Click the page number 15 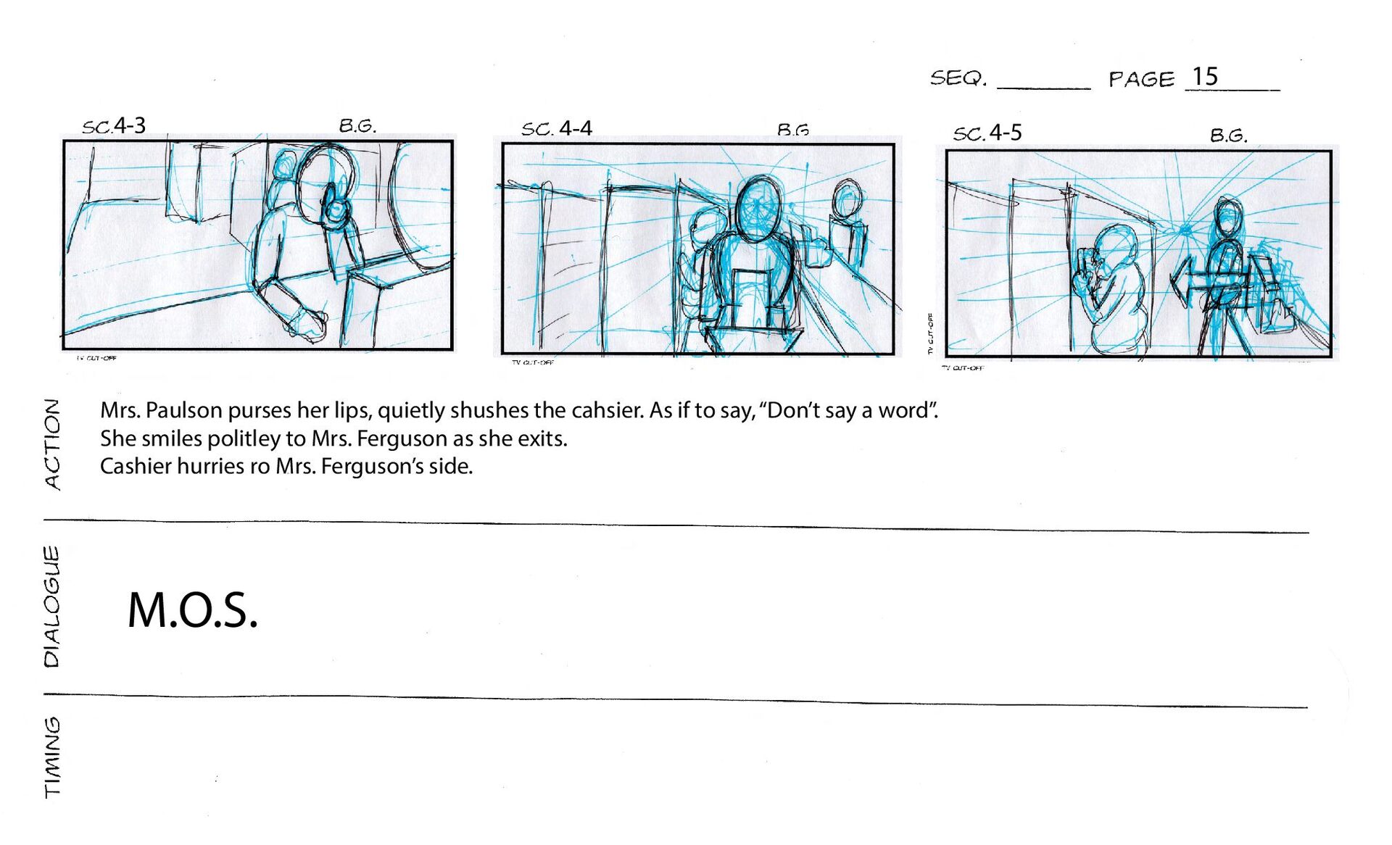(1205, 77)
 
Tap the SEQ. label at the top (958, 78)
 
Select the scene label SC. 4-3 (114, 125)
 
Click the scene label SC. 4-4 (557, 129)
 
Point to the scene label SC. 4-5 (987, 133)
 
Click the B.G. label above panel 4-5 (1228, 135)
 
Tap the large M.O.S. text (192, 609)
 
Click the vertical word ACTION (52, 444)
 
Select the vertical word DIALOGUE (51, 607)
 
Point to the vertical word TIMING (52, 757)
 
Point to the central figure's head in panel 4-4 (758, 207)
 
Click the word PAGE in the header (1141, 78)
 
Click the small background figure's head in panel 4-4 (847, 199)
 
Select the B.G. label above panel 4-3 (357, 125)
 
